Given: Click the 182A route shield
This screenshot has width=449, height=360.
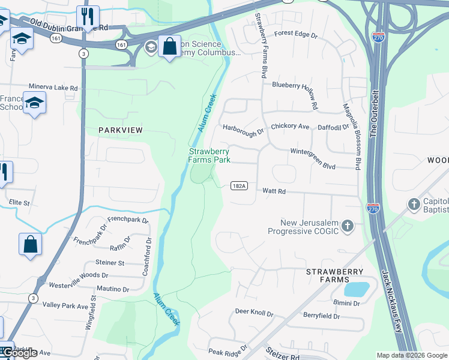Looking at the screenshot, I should pyautogui.click(x=239, y=186).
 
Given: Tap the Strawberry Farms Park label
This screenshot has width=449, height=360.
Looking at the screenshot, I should pyautogui.click(x=209, y=156).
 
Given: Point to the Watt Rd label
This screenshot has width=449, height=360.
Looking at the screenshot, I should pyautogui.click(x=274, y=191).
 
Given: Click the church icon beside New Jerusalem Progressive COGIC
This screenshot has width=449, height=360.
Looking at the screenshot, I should pyautogui.click(x=347, y=226).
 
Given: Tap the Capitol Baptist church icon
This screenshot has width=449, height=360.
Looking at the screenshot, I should pyautogui.click(x=414, y=205).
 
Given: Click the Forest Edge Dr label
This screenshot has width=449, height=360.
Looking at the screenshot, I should pyautogui.click(x=296, y=35).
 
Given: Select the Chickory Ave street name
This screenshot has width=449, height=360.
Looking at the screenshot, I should pyautogui.click(x=290, y=127).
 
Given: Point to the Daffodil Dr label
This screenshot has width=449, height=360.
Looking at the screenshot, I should pyautogui.click(x=334, y=127).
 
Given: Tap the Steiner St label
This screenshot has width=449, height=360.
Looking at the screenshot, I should pyautogui.click(x=110, y=263).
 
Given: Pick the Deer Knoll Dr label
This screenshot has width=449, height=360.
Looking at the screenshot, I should pyautogui.click(x=254, y=313).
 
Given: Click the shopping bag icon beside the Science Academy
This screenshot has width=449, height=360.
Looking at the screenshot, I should pyautogui.click(x=170, y=46).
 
